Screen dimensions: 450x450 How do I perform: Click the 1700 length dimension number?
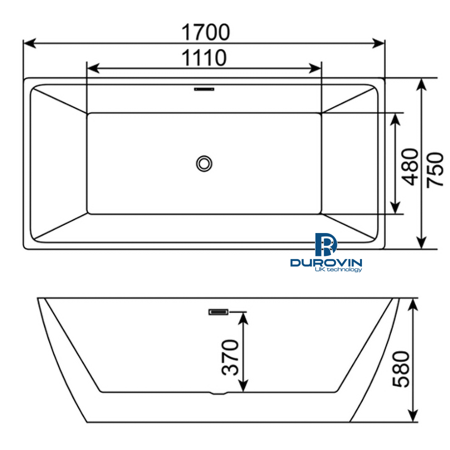pos(205,32)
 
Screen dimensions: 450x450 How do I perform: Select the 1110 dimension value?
pos(203,58)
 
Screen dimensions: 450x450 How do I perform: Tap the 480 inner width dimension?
pos(411,166)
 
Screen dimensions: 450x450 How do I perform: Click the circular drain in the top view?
pos(204,163)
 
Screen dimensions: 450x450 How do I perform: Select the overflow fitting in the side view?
pos(218,312)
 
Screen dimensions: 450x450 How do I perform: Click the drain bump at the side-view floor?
pos(219,393)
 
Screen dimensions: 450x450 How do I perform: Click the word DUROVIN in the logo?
pos(326,262)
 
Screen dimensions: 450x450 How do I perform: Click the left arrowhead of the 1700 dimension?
pos(29,43)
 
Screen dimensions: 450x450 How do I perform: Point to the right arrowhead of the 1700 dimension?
pos(380,43)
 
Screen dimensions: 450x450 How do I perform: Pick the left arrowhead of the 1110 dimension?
pos(92,68)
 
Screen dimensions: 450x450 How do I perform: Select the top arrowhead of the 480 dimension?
pos(395,118)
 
